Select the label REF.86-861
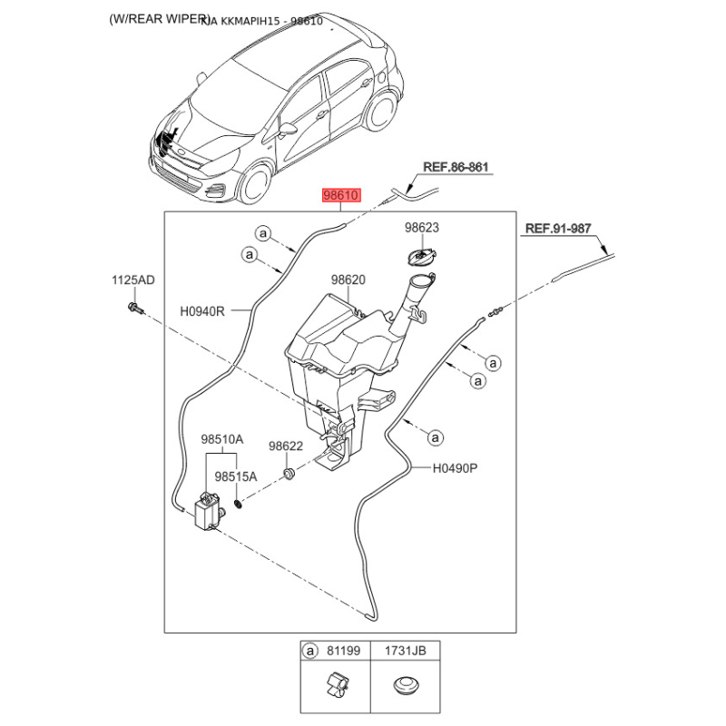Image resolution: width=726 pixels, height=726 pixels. [x=456, y=168]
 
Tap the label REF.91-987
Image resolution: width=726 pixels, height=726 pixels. [x=558, y=230]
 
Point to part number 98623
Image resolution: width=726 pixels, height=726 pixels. [x=422, y=228]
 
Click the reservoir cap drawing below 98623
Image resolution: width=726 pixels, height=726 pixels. [x=422, y=259]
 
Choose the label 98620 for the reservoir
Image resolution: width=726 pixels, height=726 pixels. [x=348, y=280]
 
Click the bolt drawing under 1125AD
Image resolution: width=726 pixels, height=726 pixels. [x=132, y=309]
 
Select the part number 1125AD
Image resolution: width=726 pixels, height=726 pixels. [x=133, y=280]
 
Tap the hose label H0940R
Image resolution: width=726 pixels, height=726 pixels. [x=202, y=310]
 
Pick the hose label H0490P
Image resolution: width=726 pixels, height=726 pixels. [x=455, y=469]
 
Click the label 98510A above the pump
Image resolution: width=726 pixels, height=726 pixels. [x=222, y=439]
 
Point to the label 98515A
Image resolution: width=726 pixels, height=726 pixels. [x=236, y=476]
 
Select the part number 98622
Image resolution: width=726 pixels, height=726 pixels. [x=285, y=446]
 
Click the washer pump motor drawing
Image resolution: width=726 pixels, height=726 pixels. [x=209, y=510]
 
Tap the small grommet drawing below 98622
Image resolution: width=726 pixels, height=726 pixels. [x=289, y=475]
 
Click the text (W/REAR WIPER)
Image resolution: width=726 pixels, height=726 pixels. [x=159, y=19]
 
